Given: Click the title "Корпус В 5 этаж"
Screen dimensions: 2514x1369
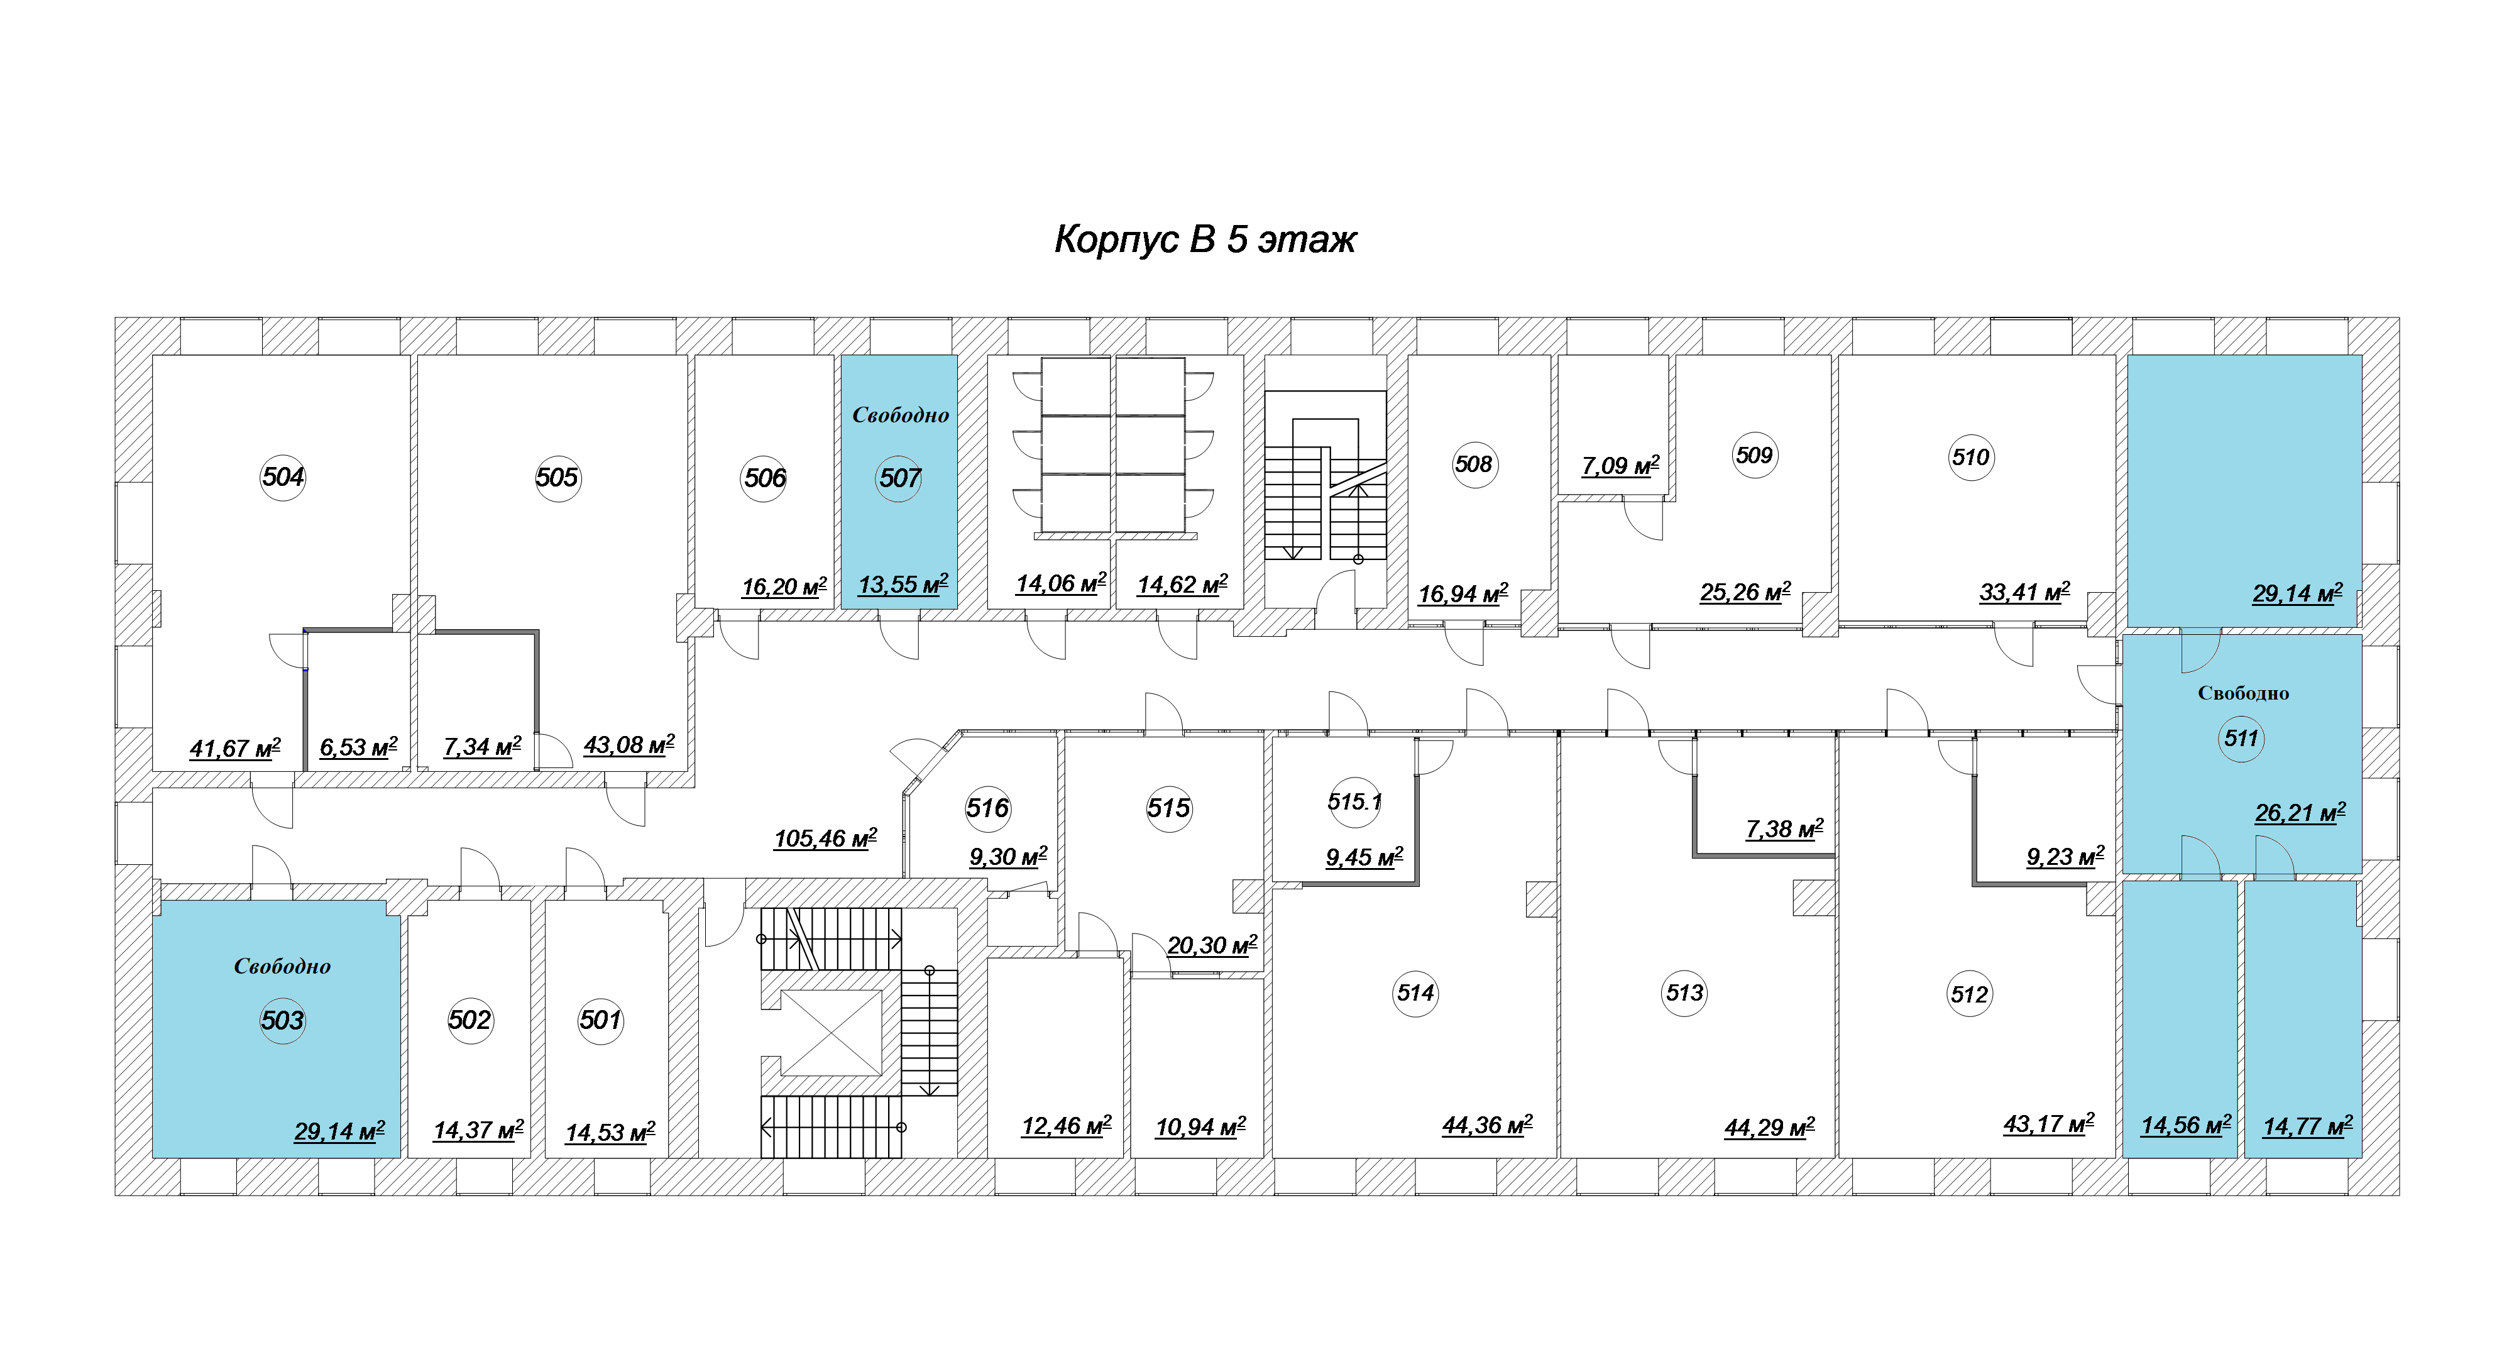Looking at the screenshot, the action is tap(1205, 239).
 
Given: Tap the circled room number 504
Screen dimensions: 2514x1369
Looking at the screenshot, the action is tap(283, 477).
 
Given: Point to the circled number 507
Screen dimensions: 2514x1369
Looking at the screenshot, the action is tap(899, 478).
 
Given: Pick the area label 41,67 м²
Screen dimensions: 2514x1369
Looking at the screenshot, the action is tap(235, 749).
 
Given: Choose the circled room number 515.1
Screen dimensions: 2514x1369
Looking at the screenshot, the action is tap(1354, 802).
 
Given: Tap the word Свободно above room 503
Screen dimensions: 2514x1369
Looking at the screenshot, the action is tap(282, 966).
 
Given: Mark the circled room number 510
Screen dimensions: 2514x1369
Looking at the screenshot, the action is tap(1970, 458).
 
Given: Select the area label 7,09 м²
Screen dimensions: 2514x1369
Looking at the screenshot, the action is tap(1621, 465).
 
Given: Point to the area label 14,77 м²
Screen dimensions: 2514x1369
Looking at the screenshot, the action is tap(2307, 1126).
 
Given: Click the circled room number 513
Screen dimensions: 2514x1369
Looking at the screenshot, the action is tap(1684, 993).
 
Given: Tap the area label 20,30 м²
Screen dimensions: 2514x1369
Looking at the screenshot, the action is tap(1212, 945).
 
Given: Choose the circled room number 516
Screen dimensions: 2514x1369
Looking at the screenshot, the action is tap(987, 808).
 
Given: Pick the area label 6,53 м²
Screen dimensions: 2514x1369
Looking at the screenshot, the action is tap(359, 747).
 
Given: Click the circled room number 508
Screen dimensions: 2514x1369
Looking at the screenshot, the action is tap(1474, 465).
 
